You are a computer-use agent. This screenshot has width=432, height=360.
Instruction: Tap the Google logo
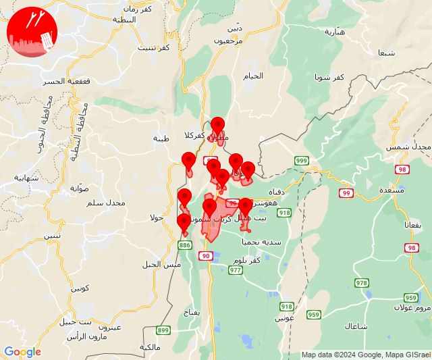pyautogui.click(x=22, y=352)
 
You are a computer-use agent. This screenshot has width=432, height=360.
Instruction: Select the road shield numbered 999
pyautogui.click(x=301, y=160)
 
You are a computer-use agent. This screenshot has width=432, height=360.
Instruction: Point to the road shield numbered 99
pyautogui.click(x=346, y=193)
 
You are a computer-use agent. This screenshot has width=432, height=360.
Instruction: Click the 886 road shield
pyautogui.click(x=185, y=246)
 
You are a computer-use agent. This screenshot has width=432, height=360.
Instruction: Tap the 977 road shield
pyautogui.click(x=235, y=270)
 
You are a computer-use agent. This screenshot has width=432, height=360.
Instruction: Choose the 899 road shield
pyautogui.click(x=163, y=330)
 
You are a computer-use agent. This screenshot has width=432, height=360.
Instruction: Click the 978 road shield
pyautogui.click(x=362, y=282)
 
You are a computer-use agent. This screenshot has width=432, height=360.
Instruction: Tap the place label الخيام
pyautogui.click(x=253, y=76)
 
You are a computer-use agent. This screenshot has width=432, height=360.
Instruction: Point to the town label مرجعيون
pyautogui.click(x=228, y=41)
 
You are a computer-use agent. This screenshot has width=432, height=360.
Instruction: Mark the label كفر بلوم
pyautogui.click(x=246, y=261)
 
